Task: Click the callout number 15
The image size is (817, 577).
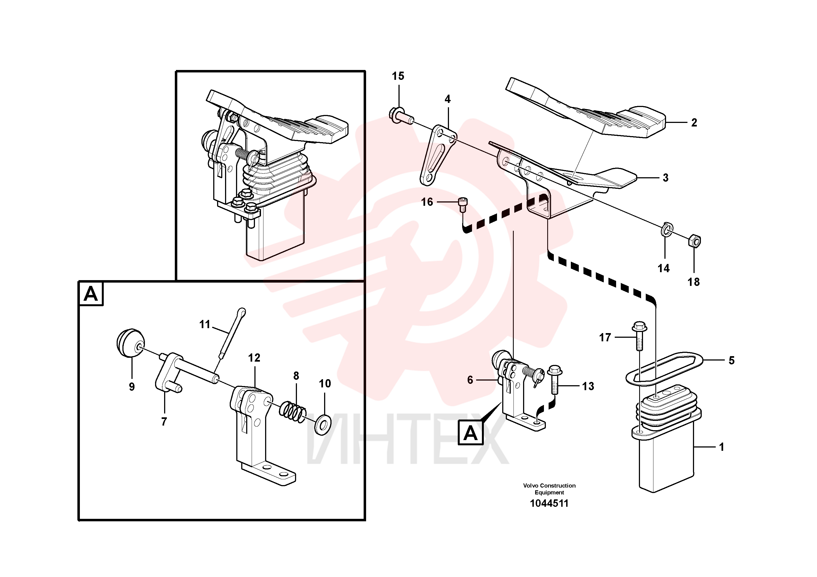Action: (x=398, y=76)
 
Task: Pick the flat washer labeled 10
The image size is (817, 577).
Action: (x=323, y=423)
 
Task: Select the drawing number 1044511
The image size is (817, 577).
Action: (x=549, y=503)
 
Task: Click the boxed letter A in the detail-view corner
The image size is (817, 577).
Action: (x=91, y=294)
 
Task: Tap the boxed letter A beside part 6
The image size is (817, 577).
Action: (x=470, y=433)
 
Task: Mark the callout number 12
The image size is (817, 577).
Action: (x=254, y=358)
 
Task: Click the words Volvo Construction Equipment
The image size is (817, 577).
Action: (x=549, y=489)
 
